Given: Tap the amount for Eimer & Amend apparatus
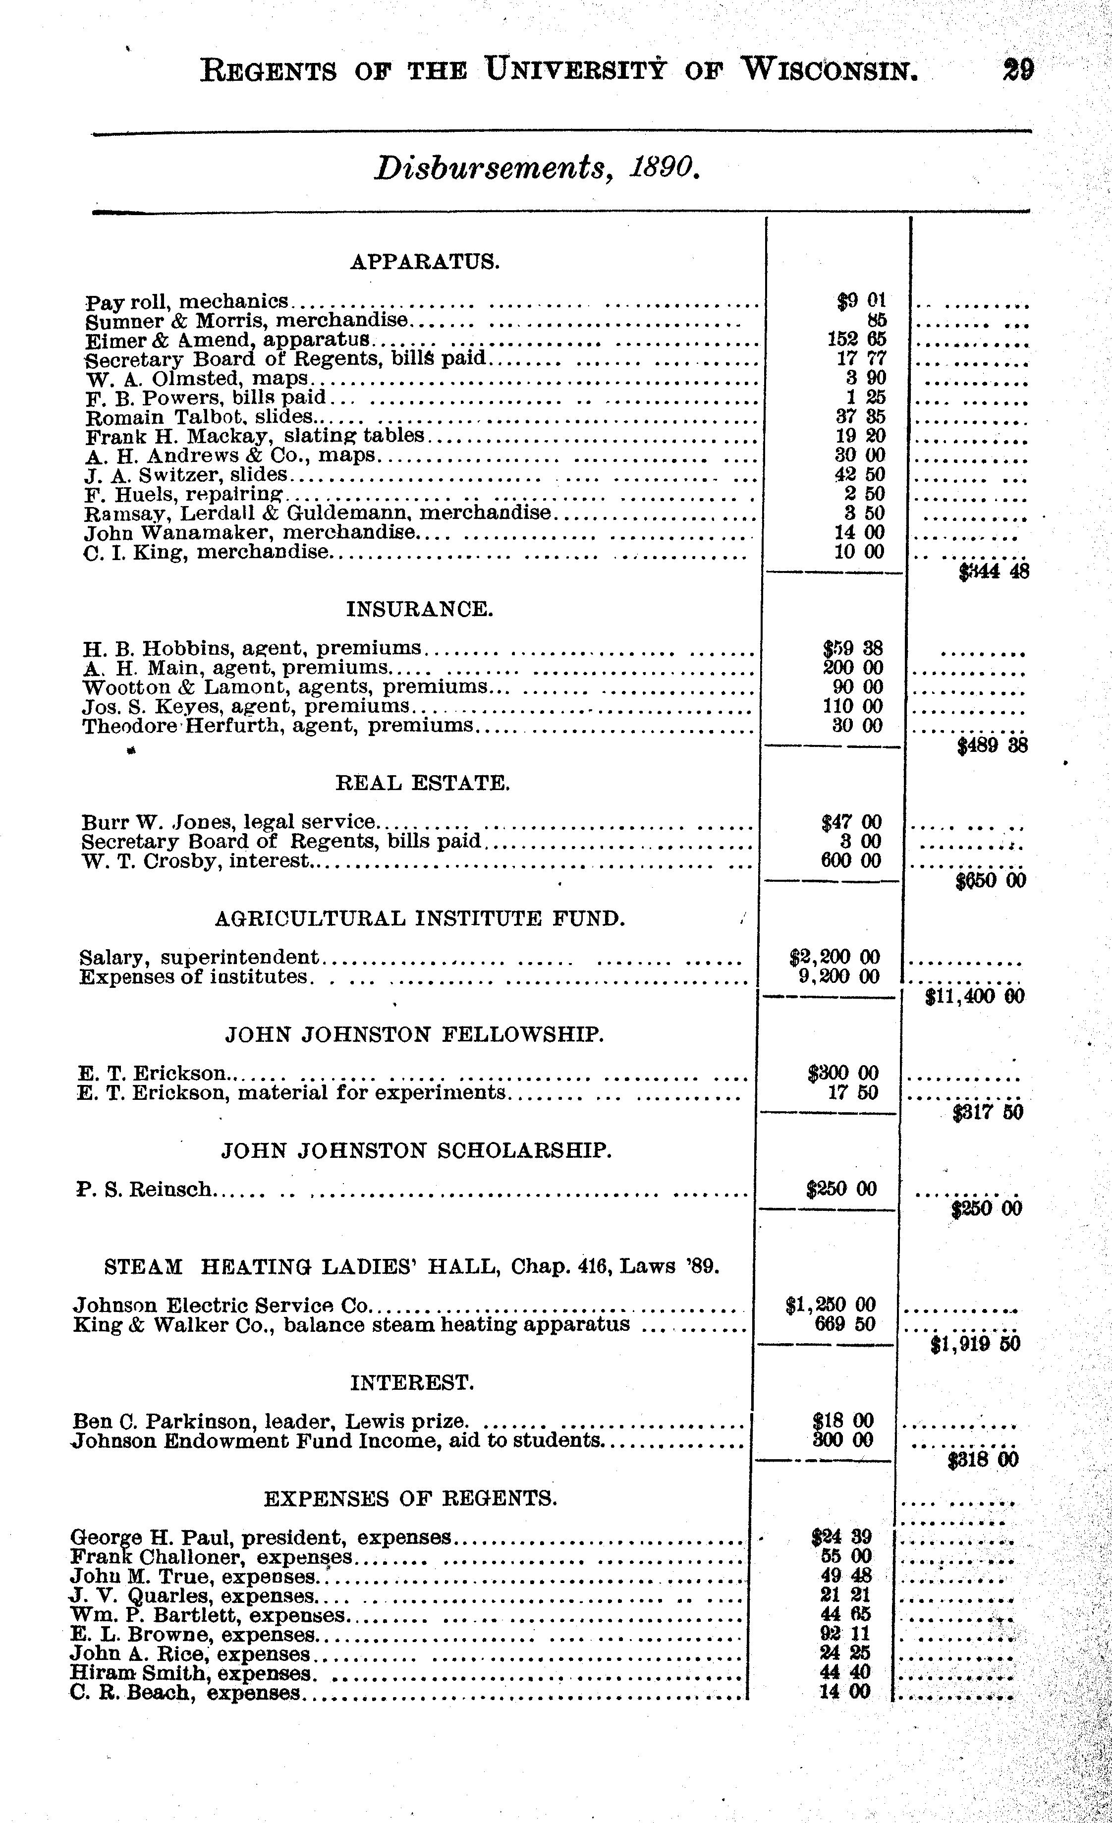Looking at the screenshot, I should pos(855,340).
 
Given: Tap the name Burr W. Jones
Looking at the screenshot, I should pos(159,822).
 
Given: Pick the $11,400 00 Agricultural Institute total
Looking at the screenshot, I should pos(974,997).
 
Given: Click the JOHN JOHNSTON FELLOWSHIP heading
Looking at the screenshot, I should pos(414,1034).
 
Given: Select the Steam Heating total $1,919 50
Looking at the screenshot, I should pos(974,1343).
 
